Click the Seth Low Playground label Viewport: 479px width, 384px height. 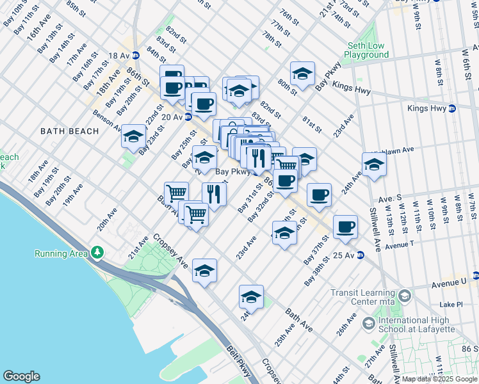coord(366,50)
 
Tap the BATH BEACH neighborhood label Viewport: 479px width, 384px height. coord(70,131)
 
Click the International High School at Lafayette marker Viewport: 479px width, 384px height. coord(368,324)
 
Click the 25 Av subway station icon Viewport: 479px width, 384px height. coord(361,255)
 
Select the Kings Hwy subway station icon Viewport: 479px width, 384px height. coord(451,109)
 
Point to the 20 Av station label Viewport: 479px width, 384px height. coord(172,117)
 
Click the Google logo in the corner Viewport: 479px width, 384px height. coord(21,376)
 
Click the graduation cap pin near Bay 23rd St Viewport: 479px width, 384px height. coord(133,137)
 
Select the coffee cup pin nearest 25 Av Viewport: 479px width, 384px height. coord(346,226)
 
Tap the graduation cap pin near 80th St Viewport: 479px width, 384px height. coord(302,74)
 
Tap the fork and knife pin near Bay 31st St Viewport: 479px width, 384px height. coord(214,194)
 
